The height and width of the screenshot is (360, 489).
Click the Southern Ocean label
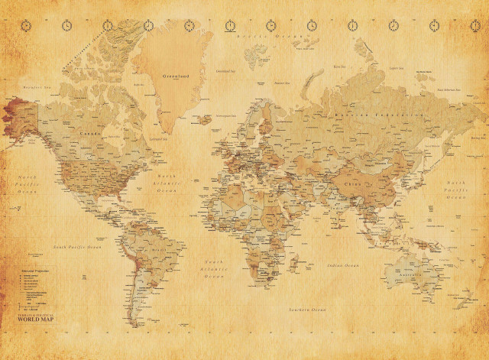pyautogui.click(x=306, y=309)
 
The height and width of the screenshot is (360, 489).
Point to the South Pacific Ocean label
pyautogui.click(x=76, y=247)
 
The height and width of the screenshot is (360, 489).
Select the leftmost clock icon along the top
pyautogui.click(x=27, y=26)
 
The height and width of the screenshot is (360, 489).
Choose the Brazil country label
pyautogui.click(x=159, y=249)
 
